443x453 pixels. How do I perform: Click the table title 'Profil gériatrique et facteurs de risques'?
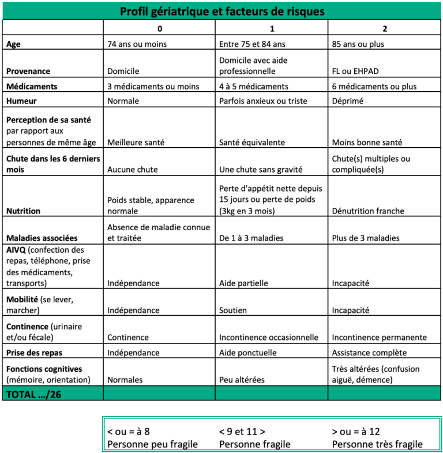point(222,12)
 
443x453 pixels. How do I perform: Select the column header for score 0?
point(160,28)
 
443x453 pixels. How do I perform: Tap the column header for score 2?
point(385,28)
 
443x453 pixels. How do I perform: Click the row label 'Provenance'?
point(28,71)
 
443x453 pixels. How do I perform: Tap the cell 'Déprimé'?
point(349,101)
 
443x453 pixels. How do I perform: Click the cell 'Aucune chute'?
point(132,170)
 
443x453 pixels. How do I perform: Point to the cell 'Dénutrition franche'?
point(368,211)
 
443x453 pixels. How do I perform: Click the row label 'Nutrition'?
point(23,211)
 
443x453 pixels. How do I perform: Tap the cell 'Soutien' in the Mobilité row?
point(233,310)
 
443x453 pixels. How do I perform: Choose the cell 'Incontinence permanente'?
point(380,338)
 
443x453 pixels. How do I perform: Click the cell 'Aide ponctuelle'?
point(247,353)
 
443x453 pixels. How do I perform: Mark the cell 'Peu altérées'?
point(242,380)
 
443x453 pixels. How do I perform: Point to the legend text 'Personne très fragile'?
point(377,444)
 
